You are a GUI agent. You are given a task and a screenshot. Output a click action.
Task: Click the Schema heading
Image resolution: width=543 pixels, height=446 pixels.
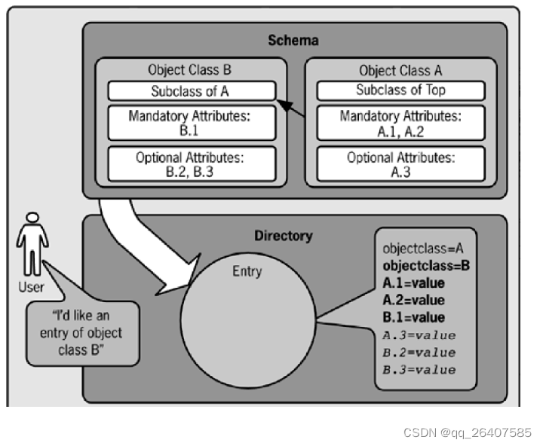point(294,40)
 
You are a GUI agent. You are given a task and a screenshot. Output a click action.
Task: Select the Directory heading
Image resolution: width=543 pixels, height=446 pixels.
point(283,236)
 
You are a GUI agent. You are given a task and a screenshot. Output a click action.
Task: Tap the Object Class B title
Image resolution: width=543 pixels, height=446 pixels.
point(190,71)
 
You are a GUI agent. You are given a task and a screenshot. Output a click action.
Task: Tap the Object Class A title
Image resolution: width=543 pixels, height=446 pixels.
point(400,71)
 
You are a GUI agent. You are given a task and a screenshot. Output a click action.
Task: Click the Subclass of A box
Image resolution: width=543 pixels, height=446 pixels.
point(190,90)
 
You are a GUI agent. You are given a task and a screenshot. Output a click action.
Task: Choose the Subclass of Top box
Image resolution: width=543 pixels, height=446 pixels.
point(400,90)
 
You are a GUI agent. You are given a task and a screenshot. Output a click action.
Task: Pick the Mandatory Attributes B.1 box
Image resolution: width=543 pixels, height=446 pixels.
point(190,123)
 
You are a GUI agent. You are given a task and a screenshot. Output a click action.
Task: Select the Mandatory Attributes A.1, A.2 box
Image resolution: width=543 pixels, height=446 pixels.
point(400,123)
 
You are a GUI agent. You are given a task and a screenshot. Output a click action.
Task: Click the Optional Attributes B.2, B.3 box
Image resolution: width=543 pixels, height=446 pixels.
point(190,164)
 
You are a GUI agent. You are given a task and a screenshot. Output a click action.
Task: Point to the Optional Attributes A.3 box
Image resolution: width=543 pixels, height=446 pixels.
point(400,164)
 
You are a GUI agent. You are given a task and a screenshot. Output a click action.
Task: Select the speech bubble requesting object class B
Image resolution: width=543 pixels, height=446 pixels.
point(83,332)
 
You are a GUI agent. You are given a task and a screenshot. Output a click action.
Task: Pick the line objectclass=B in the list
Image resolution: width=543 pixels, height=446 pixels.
point(426,265)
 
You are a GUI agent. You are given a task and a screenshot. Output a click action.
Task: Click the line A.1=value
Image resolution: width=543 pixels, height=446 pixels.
point(414,283)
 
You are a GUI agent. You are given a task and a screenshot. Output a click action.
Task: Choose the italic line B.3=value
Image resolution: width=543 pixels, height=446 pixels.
point(419,369)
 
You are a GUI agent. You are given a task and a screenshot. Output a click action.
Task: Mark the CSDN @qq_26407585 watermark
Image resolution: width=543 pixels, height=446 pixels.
point(467,432)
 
